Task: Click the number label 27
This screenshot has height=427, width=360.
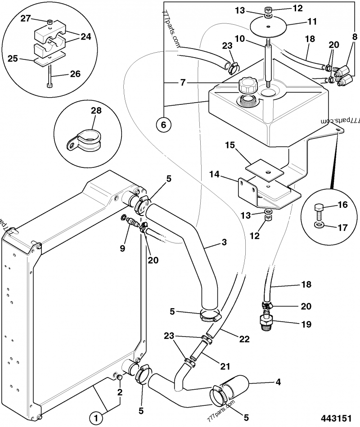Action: pyautogui.click(x=25, y=19)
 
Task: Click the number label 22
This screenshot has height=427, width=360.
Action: pyautogui.click(x=244, y=339)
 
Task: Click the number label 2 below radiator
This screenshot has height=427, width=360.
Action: pyautogui.click(x=120, y=391)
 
